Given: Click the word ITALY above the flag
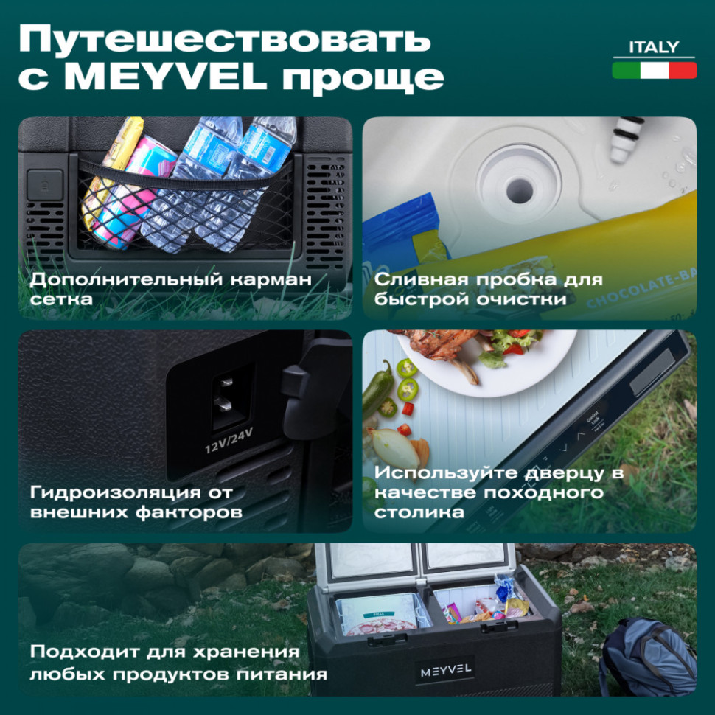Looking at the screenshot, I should pyautogui.click(x=654, y=47).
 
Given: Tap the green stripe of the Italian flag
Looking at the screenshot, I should pyautogui.click(x=626, y=70).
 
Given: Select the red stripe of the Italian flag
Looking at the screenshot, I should pyautogui.click(x=683, y=70).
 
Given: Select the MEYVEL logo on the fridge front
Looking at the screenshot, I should pyautogui.click(x=447, y=672).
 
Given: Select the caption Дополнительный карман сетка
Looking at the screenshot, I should pyautogui.click(x=170, y=290).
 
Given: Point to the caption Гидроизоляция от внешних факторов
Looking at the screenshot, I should pyautogui.click(x=136, y=501).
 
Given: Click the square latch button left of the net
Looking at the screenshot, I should pyautogui.click(x=45, y=184).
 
